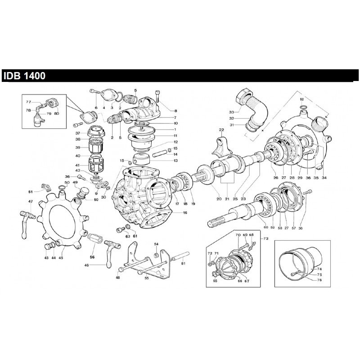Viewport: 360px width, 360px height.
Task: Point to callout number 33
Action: tap(231, 112)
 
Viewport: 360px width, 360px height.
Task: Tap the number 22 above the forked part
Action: tap(221, 130)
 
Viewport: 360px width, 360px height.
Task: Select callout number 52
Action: tap(302, 99)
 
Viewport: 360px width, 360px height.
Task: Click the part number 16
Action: tap(172, 212)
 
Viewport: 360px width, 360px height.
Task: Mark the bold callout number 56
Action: tap(92, 257)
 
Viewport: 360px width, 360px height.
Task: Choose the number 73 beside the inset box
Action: tap(265, 238)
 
